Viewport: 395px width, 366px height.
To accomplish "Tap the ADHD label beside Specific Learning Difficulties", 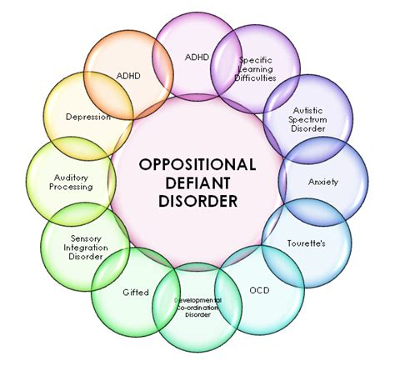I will point(197,58).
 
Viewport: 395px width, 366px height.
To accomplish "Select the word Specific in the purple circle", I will point(257,60).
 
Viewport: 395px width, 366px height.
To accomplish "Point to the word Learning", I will point(257,69).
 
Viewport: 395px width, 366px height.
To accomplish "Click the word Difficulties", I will point(257,78).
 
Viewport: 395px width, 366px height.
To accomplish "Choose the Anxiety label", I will point(323,181).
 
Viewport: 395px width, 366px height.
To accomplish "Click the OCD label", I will point(259,291).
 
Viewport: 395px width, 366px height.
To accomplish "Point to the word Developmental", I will point(197,298).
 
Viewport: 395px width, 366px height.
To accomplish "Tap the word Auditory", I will point(70,177).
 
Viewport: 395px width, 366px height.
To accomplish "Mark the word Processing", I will point(70,188).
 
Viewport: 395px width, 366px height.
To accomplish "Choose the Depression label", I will point(88,117).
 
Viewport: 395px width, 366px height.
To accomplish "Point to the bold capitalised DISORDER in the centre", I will point(197,200).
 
